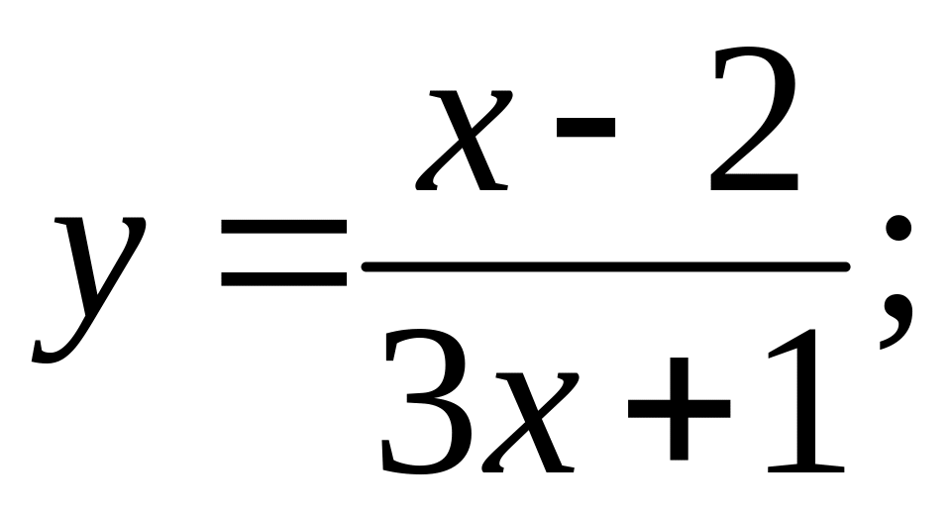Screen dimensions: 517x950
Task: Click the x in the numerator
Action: coord(466,139)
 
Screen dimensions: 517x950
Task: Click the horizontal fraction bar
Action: coord(604,266)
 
